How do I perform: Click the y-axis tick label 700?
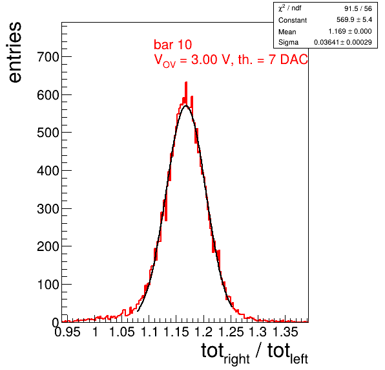(x=48, y=58)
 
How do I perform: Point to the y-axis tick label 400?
(x=48, y=171)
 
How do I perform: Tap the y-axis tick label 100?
(x=48, y=285)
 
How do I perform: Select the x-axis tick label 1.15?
(x=176, y=332)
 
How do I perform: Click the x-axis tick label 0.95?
(x=67, y=332)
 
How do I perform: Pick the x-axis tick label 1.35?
(x=286, y=332)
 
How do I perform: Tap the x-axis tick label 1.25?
(x=231, y=332)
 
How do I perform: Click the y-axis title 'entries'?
(x=16, y=52)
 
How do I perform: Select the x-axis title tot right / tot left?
(x=255, y=353)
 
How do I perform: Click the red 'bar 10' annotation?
(x=172, y=45)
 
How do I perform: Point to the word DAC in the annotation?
(x=294, y=60)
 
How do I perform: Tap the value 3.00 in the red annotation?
(x=204, y=60)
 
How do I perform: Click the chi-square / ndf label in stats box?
(x=290, y=8)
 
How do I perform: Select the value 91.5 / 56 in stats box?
(x=358, y=8)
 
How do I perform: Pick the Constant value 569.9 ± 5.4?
(x=354, y=19)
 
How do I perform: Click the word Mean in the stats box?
(x=287, y=32)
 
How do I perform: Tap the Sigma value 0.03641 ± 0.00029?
(x=343, y=42)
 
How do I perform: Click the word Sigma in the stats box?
(x=288, y=43)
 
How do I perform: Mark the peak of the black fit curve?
(x=186, y=105)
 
